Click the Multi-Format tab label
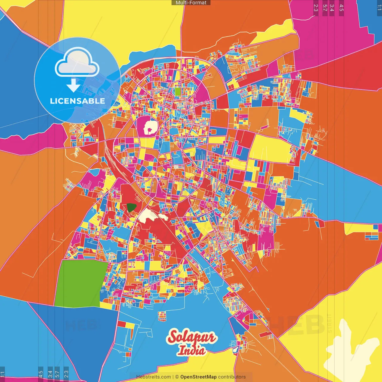(191, 3)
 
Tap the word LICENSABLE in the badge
(77, 101)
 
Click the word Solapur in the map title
(191, 337)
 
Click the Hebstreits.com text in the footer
(153, 377)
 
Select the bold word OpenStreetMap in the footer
(198, 377)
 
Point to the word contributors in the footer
(232, 377)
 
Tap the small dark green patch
(131, 207)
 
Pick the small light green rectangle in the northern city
(178, 91)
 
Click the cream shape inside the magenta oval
(150, 128)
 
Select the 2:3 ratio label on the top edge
(316, 8)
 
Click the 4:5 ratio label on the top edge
(341, 8)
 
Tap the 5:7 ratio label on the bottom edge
(57, 374)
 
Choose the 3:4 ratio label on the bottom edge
(50, 374)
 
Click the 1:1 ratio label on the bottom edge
(2, 374)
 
